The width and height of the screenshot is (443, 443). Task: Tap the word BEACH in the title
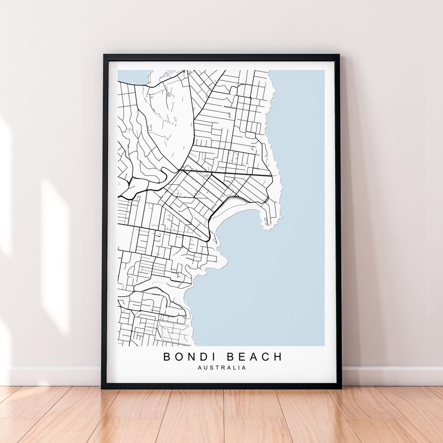[x=255, y=357]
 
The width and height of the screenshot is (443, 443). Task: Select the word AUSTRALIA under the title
[x=222, y=368]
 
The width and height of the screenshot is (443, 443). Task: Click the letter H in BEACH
[x=278, y=357]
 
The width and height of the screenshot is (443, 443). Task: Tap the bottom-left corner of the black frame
[x=102, y=387]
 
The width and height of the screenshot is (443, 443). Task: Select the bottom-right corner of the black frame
[x=340, y=387]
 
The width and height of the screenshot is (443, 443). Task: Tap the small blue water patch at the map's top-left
[x=131, y=76]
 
